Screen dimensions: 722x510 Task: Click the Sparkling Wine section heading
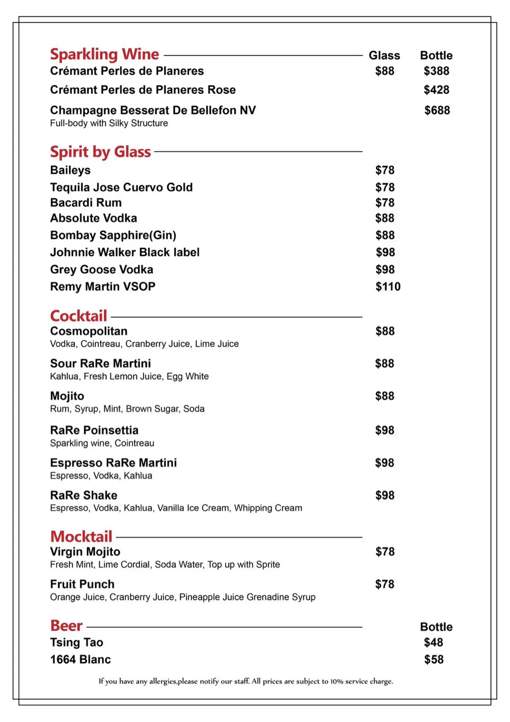pyautogui.click(x=104, y=54)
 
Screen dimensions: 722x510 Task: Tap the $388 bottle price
pyautogui.click(x=436, y=71)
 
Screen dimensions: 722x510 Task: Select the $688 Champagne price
pyautogui.click(x=437, y=110)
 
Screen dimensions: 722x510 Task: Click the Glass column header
pyautogui.click(x=384, y=56)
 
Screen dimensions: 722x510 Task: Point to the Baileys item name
pyautogui.click(x=70, y=170)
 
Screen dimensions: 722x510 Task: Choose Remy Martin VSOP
pyautogui.click(x=102, y=286)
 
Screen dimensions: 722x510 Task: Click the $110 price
pyautogui.click(x=388, y=286)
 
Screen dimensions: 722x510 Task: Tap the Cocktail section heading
pyautogui.click(x=78, y=316)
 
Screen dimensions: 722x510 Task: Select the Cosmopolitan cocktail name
pyautogui.click(x=89, y=331)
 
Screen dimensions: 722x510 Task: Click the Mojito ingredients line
pyautogui.click(x=127, y=409)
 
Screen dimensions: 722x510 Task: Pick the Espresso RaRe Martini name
pyautogui.click(x=113, y=463)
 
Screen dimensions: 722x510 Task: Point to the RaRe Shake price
pyautogui.click(x=384, y=495)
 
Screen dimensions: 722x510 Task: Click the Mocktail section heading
pyautogui.click(x=81, y=537)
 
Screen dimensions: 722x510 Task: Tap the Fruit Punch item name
pyautogui.click(x=82, y=584)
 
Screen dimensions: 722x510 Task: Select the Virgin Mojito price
pyautogui.click(x=384, y=552)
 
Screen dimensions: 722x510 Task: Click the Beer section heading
pyautogui.click(x=66, y=626)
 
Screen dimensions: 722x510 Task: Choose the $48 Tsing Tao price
pyautogui.click(x=433, y=643)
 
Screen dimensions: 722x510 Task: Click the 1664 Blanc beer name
pyautogui.click(x=80, y=660)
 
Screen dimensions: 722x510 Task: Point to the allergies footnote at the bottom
pyautogui.click(x=246, y=681)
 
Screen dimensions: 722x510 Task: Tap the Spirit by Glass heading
pyautogui.click(x=100, y=152)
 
